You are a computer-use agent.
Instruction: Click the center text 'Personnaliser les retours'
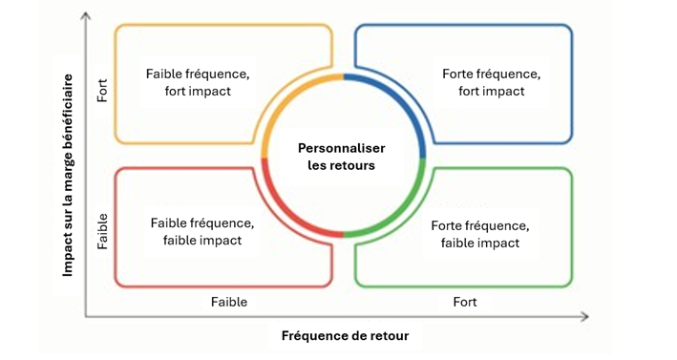[x=341, y=157]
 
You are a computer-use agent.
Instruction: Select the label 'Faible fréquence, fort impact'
[x=199, y=82]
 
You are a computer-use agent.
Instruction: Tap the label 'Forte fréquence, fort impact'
[x=491, y=82]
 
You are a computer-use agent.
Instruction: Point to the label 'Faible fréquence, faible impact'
[x=202, y=231]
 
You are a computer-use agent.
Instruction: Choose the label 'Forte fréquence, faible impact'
[x=480, y=234]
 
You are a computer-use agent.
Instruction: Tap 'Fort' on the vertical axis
[x=103, y=91]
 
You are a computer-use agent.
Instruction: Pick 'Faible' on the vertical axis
[x=103, y=230]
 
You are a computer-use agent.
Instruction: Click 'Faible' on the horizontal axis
[x=229, y=302]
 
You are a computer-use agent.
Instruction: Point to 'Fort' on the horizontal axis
[x=465, y=302]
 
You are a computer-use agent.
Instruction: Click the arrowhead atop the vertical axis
[x=86, y=15]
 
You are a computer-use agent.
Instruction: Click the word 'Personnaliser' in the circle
[x=341, y=148]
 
